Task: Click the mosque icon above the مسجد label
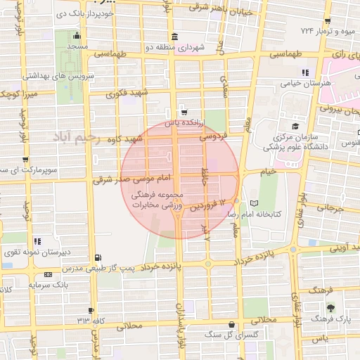pyautogui.click(x=75, y=36)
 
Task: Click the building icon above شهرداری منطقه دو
pyautogui.click(x=173, y=37)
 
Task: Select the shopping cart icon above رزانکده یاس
pyautogui.click(x=184, y=112)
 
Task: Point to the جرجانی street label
pyautogui.click(x=326, y=208)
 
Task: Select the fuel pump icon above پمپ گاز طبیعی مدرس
pyautogui.click(x=96, y=257)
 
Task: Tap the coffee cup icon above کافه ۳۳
pyautogui.click(x=91, y=310)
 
